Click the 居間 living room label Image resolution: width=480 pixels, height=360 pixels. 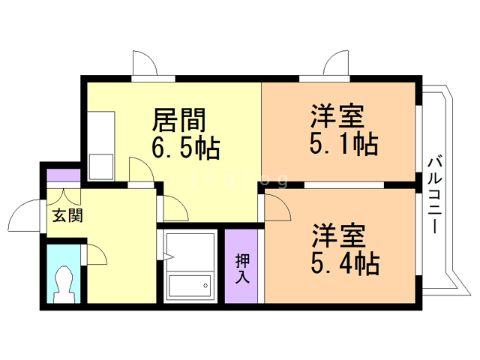179,119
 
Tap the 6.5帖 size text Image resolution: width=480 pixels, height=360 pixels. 185,148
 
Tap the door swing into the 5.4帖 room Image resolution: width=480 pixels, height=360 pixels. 276,206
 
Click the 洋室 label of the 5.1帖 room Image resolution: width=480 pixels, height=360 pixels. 338,117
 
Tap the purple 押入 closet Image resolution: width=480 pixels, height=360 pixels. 243,266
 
